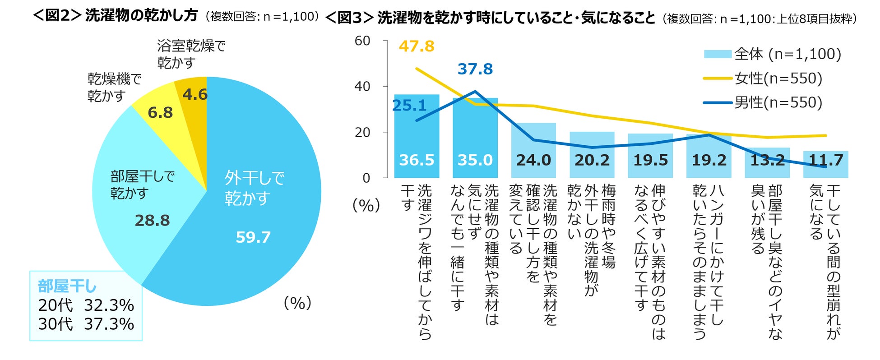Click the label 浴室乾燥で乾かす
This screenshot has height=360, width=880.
190,54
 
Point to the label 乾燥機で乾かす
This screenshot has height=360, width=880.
114,87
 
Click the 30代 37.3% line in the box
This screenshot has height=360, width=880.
86,324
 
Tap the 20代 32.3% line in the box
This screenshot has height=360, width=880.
86,305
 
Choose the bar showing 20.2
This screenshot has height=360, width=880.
592,156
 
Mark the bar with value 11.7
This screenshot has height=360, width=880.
825,165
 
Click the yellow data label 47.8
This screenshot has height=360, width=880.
417,46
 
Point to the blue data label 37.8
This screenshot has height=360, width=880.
475,69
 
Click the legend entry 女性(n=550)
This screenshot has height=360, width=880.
778,78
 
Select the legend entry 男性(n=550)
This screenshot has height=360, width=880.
778,102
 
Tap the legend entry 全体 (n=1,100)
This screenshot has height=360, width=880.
787,54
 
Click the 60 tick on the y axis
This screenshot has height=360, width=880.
362,41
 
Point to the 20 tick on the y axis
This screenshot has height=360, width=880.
362,133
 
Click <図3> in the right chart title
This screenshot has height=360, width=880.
349,18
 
